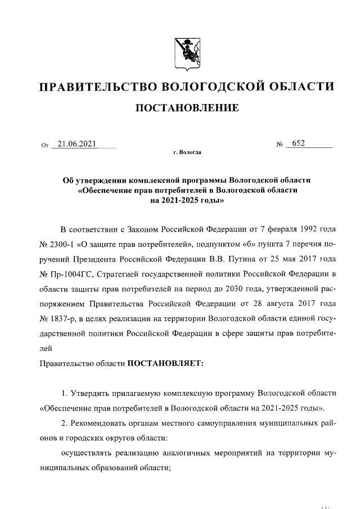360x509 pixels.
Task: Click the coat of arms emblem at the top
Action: click(x=180, y=53)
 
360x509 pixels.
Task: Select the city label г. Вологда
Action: click(x=187, y=152)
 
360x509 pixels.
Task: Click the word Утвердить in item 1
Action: click(x=89, y=392)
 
